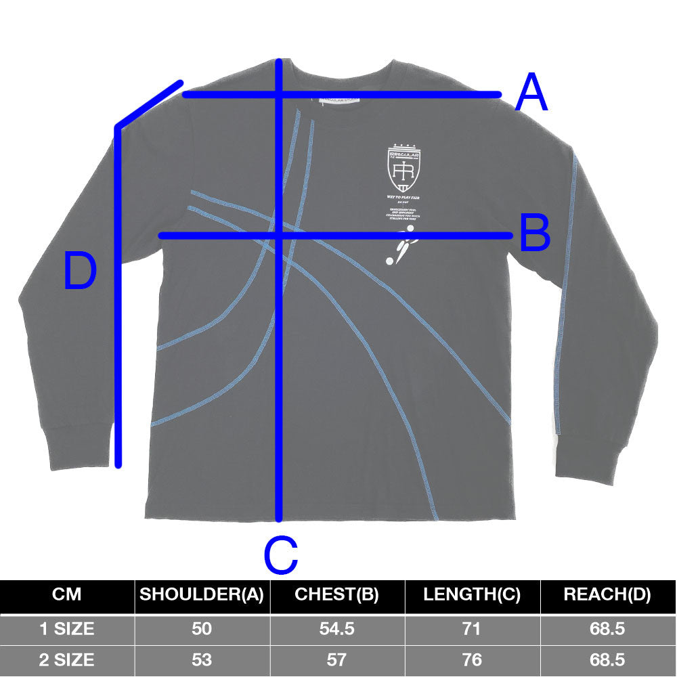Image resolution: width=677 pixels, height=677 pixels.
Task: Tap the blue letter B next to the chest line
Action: point(535,234)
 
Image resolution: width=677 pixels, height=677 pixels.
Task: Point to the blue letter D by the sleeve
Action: point(80,271)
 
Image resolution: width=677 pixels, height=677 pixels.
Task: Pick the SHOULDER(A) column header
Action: point(202,595)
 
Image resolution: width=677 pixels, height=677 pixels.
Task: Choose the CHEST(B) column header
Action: point(337,595)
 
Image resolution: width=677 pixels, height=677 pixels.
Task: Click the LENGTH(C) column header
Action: point(472,595)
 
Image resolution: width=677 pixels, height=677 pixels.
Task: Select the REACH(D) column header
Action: point(607,595)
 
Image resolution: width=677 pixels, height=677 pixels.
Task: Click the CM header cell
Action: point(66,595)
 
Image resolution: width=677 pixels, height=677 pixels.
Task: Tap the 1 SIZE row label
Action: point(66,629)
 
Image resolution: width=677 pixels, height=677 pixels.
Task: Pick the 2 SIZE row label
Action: point(66,659)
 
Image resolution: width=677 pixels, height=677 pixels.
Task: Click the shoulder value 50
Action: point(202,629)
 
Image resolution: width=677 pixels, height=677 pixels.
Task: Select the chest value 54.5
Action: point(337,629)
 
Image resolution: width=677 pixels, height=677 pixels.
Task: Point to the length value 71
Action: point(472,629)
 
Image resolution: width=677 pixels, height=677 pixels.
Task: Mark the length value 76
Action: point(472,659)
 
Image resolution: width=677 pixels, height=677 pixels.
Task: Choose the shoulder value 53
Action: point(202,659)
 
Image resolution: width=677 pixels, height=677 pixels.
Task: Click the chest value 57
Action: point(337,659)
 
